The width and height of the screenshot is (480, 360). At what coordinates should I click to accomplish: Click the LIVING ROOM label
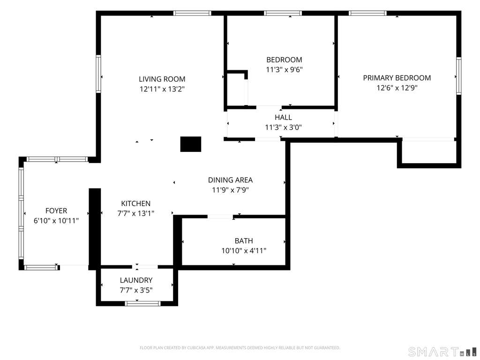tap(162, 79)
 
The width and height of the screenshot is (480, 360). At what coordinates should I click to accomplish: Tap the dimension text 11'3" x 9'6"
tap(284, 69)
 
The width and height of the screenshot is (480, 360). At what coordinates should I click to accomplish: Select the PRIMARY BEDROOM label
tap(397, 78)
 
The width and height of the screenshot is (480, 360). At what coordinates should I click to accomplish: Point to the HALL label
tap(283, 117)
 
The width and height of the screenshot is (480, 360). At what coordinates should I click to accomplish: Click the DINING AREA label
tap(230, 180)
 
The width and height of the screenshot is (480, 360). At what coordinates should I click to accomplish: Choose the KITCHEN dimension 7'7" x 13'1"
tap(135, 213)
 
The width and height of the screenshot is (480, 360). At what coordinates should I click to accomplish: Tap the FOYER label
tap(56, 210)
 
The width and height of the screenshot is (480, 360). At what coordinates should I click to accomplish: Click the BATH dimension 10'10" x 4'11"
tap(244, 251)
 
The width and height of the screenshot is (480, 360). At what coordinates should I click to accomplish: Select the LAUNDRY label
tap(136, 280)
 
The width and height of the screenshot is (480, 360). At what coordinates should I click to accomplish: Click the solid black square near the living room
tap(190, 144)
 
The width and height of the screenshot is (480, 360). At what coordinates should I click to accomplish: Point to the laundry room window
tap(142, 304)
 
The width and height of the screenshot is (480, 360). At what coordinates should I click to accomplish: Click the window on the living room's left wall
tap(98, 74)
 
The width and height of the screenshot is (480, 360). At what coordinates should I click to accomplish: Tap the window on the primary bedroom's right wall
tap(458, 76)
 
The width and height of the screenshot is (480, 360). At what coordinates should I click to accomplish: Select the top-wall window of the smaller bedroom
tap(283, 13)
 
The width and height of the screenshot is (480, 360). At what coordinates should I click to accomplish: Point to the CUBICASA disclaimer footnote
tap(240, 348)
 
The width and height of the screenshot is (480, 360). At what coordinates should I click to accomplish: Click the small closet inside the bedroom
tap(237, 90)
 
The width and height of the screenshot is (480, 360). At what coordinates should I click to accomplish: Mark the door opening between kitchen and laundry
tap(145, 267)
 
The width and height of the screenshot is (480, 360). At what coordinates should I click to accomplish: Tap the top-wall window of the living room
tap(192, 13)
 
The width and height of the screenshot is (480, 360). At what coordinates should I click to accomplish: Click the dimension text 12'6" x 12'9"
tap(397, 88)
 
